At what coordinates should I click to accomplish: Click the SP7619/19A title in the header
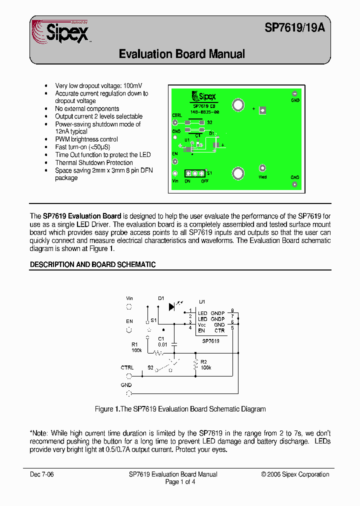coord(294,28)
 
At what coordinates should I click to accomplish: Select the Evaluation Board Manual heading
coord(182,54)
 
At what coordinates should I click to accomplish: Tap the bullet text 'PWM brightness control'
coord(86,139)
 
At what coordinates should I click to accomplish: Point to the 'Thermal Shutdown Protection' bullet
coord(94,162)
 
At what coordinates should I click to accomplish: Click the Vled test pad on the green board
coord(262,168)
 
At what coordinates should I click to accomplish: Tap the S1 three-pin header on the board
coord(195,173)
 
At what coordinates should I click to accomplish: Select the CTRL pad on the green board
coord(175,122)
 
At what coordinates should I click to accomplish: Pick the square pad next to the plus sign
coord(263,110)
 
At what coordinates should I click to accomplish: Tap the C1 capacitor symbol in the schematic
coord(174,344)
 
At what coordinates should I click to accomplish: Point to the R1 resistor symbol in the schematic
coord(159,353)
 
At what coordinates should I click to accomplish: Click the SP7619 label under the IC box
coord(211,341)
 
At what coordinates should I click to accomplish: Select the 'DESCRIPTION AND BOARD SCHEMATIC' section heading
coord(93,264)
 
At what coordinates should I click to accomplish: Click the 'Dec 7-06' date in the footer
coord(41,474)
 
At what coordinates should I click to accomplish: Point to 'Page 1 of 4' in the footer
coord(180,482)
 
